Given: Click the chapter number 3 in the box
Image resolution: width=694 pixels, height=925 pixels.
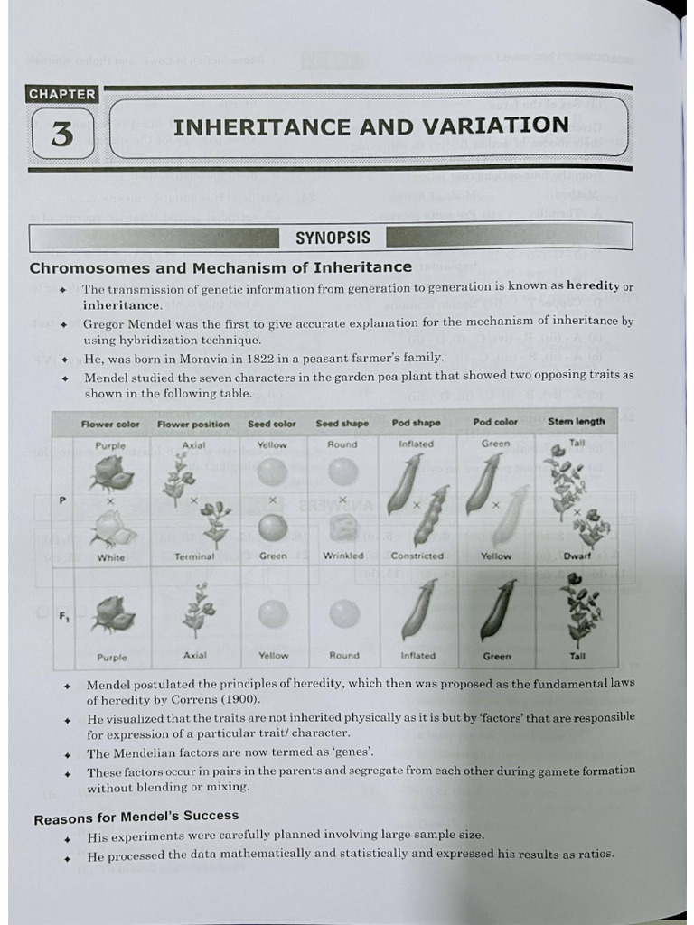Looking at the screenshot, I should point(62,134).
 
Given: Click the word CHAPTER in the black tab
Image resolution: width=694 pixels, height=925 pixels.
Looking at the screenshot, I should point(61,94).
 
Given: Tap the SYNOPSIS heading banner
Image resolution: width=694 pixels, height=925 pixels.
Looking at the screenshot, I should point(333,238).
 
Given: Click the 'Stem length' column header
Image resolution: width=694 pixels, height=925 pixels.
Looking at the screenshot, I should point(577,422).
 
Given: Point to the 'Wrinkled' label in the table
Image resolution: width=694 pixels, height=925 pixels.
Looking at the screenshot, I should point(343,556).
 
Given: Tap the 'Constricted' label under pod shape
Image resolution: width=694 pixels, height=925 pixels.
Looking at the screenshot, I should point(417,556).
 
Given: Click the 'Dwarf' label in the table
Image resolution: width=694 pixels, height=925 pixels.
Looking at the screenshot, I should point(577,556).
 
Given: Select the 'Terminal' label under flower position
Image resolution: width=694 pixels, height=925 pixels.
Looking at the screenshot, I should point(194,557).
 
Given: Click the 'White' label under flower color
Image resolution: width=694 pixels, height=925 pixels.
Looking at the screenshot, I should point(111,558).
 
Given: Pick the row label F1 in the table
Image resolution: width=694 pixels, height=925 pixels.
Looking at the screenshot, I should point(64,617).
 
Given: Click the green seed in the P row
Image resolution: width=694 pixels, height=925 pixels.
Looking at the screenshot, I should point(273,528).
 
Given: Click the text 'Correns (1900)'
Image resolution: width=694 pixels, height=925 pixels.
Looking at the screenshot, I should point(218,700).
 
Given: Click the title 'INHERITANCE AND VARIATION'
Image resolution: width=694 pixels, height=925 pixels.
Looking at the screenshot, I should point(370,126).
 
